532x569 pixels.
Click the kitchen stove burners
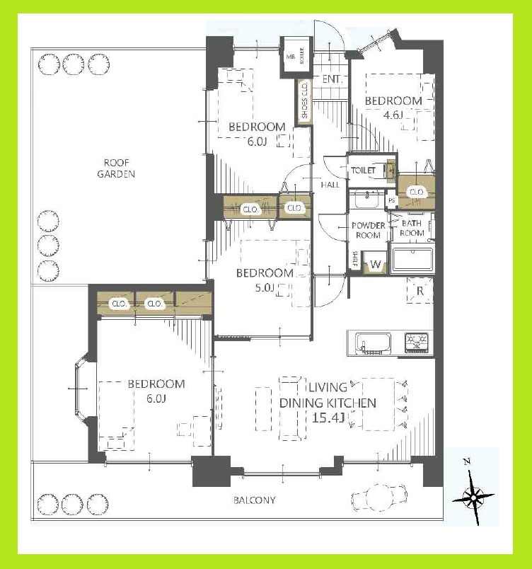(417, 343)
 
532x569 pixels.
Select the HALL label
(330, 185)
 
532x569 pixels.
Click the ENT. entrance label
(332, 79)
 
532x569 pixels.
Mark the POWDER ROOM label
(368, 230)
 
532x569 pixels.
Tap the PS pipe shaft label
(391, 201)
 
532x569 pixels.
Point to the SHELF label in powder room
(354, 260)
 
